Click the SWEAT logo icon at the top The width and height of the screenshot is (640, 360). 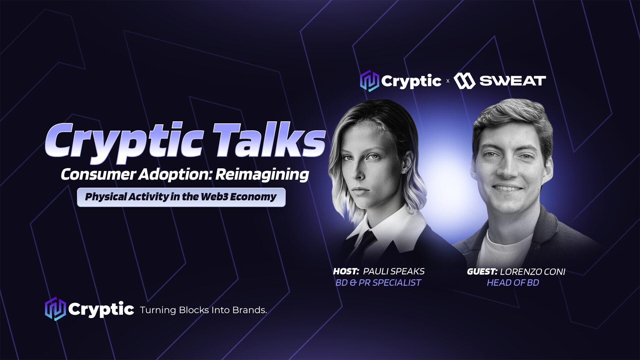tap(464, 81)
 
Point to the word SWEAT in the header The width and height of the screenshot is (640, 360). tap(513, 81)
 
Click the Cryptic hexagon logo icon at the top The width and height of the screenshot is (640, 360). tap(369, 81)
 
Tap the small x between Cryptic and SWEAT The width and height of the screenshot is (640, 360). tap(448, 81)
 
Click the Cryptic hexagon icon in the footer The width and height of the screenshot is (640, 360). tap(55, 309)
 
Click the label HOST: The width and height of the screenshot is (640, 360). tap(346, 271)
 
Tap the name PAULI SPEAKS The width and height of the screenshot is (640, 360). tap(394, 271)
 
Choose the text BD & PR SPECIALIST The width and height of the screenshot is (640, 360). tap(378, 283)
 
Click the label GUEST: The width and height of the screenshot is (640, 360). tap(482, 272)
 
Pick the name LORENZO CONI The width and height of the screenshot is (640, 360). tap(533, 272)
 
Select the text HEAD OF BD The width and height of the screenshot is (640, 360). tap(513, 283)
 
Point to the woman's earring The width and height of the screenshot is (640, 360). tap(404, 172)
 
